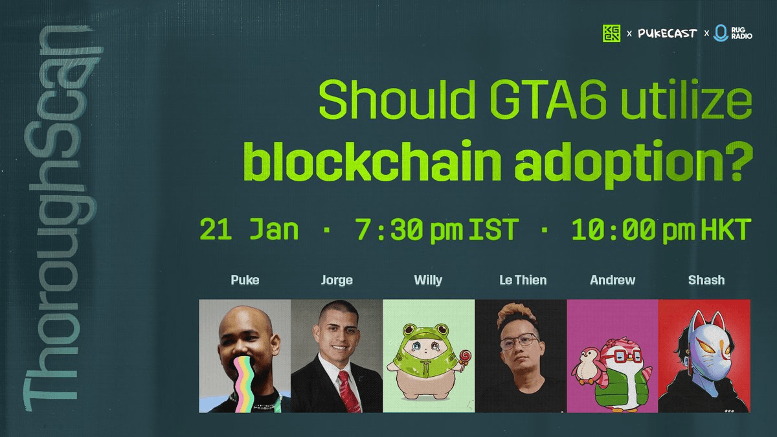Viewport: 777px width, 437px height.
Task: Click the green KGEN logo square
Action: tap(611, 32)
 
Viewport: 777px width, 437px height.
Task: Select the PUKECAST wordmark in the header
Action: tap(668, 32)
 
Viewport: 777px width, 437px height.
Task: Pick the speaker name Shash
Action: tap(706, 280)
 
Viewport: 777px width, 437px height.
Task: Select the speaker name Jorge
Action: tap(337, 280)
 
